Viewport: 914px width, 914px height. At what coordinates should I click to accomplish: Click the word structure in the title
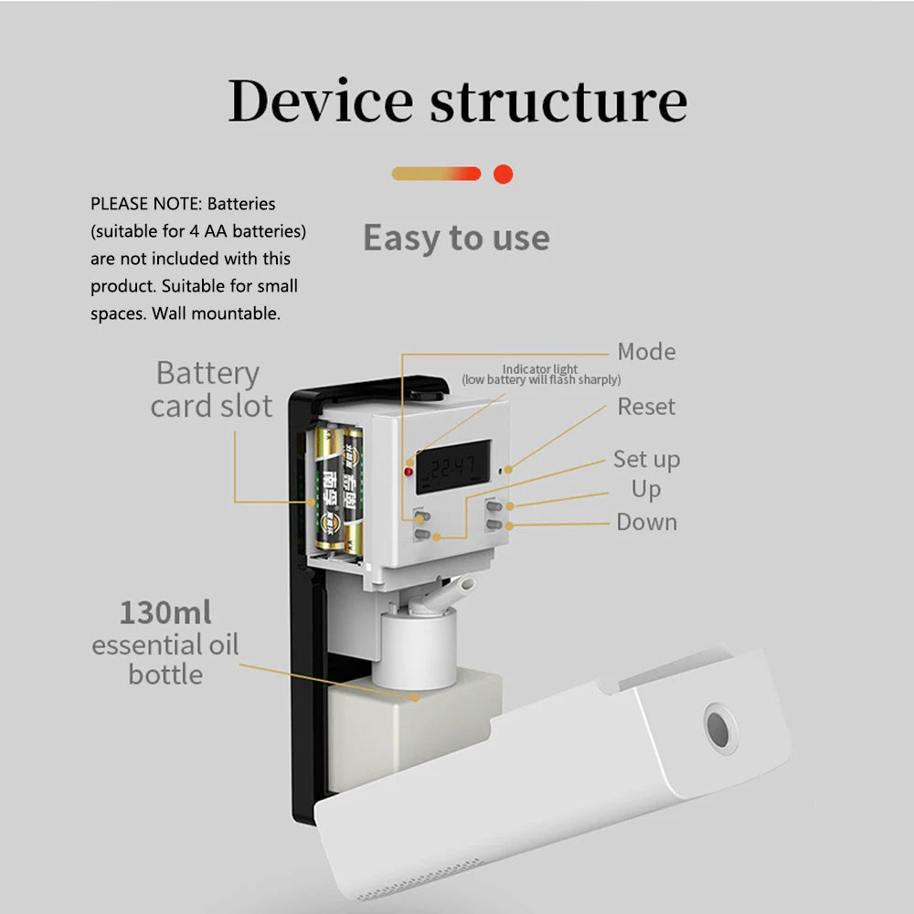pyautogui.click(x=558, y=101)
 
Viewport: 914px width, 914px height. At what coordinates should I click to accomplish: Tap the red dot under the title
pyautogui.click(x=503, y=174)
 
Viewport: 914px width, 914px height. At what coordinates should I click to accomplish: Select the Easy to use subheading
pyautogui.click(x=456, y=239)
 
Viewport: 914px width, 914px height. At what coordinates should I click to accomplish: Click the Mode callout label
pyautogui.click(x=646, y=352)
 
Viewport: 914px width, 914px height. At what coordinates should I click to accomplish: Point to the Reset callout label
pyautogui.click(x=646, y=407)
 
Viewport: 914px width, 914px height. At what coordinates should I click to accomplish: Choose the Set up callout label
pyautogui.click(x=646, y=459)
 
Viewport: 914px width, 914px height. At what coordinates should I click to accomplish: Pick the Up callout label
pyautogui.click(x=645, y=490)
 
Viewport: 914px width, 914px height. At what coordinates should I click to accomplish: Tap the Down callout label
pyautogui.click(x=646, y=523)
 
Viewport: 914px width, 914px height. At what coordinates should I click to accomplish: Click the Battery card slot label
pyautogui.click(x=210, y=389)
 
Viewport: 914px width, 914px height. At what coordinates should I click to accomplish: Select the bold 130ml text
pyautogui.click(x=165, y=612)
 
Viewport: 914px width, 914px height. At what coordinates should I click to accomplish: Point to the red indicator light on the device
pyautogui.click(x=409, y=472)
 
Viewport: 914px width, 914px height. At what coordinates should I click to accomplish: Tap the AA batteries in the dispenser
pyautogui.click(x=339, y=489)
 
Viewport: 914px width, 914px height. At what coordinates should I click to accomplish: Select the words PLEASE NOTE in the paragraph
pyautogui.click(x=145, y=203)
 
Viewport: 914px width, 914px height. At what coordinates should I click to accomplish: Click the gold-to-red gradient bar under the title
pyautogui.click(x=436, y=174)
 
